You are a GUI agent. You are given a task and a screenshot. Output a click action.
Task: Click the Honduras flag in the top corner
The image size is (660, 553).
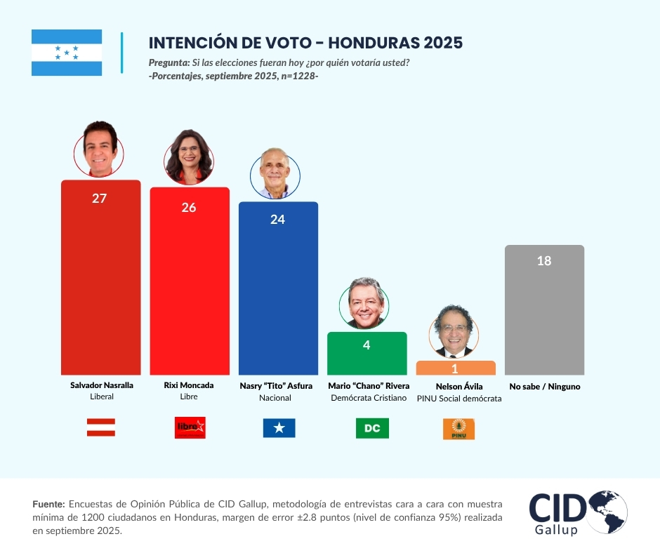click(67, 53)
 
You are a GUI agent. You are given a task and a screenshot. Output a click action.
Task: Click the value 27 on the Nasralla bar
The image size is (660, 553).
click(99, 199)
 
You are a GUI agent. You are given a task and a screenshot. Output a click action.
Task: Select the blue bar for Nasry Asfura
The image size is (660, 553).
click(278, 295)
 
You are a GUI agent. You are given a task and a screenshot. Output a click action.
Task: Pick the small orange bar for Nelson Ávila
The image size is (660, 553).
click(455, 368)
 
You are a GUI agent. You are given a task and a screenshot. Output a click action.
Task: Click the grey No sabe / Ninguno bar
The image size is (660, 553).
click(544, 316)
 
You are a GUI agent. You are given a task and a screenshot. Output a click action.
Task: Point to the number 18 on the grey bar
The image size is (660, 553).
click(544, 261)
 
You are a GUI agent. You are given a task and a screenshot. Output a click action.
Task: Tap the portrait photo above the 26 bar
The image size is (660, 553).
click(189, 156)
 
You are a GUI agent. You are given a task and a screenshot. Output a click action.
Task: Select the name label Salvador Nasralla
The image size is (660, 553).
click(102, 385)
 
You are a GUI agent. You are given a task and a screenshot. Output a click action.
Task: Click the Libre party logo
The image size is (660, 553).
click(190, 427)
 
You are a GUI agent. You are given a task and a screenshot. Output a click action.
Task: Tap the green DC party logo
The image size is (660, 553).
click(372, 428)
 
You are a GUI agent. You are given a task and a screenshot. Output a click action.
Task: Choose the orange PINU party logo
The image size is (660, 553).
click(458, 429)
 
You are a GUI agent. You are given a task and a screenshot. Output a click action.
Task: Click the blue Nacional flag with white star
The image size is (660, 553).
click(279, 427)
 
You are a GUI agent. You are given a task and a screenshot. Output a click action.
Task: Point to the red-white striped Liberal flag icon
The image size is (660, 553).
click(101, 427)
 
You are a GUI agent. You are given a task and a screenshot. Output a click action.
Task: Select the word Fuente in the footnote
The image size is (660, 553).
click(48, 504)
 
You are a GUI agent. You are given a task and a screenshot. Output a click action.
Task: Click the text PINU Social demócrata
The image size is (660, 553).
click(459, 398)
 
